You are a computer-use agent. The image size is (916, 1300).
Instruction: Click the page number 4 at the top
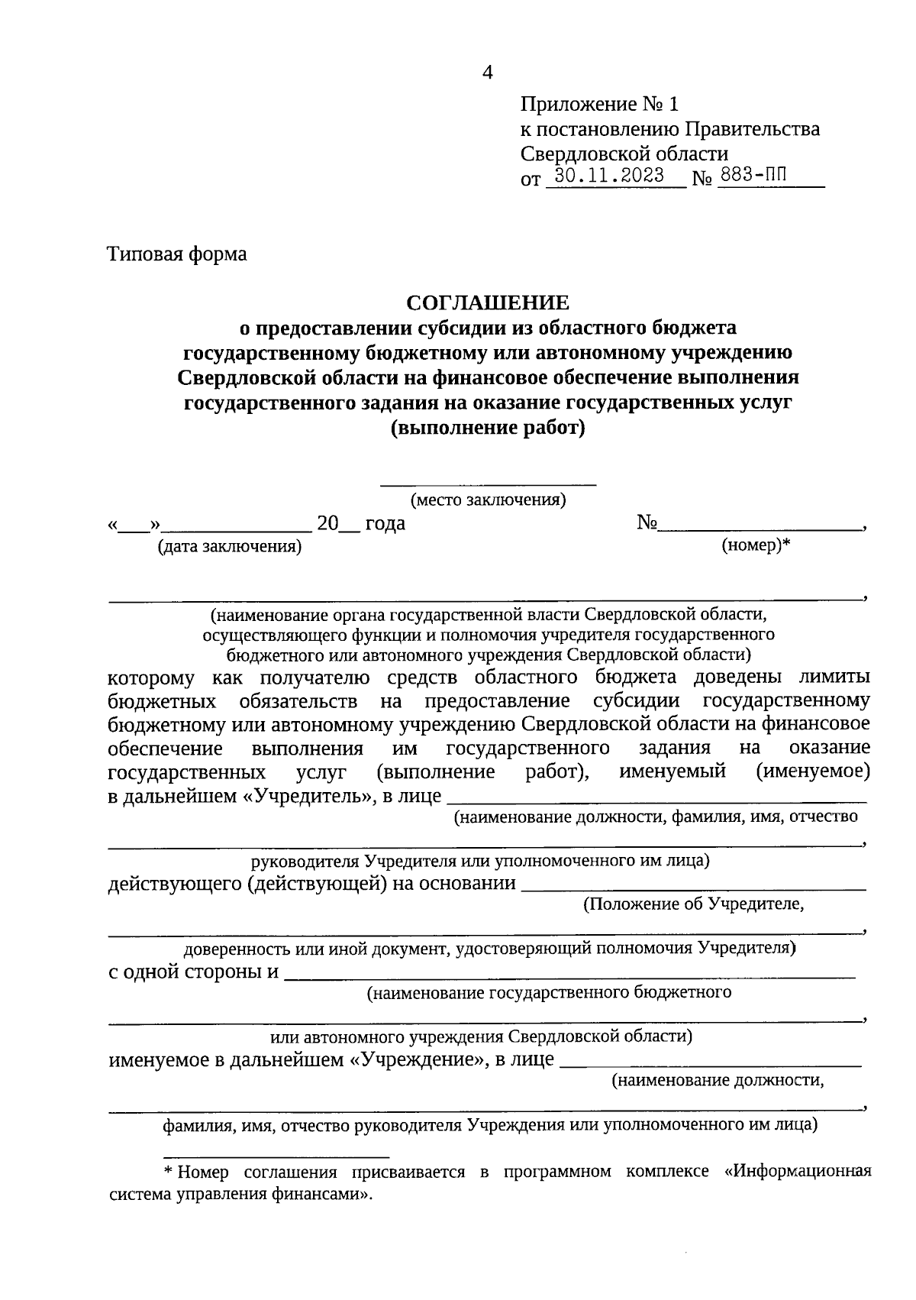[488, 73]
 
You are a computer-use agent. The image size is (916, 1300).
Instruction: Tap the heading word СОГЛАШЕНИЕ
[488, 302]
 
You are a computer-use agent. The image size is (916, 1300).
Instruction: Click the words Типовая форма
[177, 254]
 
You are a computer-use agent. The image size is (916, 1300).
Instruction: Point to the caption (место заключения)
[488, 500]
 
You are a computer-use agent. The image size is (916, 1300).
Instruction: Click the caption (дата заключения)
[229, 547]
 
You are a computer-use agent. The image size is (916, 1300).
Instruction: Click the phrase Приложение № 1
[599, 104]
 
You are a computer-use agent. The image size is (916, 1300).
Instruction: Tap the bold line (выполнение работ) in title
[488, 428]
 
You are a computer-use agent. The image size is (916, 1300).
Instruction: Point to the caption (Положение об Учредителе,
[693, 905]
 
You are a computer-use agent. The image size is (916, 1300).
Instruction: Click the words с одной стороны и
[193, 972]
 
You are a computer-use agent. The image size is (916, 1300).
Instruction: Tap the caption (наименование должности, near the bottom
[718, 1081]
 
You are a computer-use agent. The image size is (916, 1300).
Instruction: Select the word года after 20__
[385, 524]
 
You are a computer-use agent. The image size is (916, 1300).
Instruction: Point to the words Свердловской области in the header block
[624, 154]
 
